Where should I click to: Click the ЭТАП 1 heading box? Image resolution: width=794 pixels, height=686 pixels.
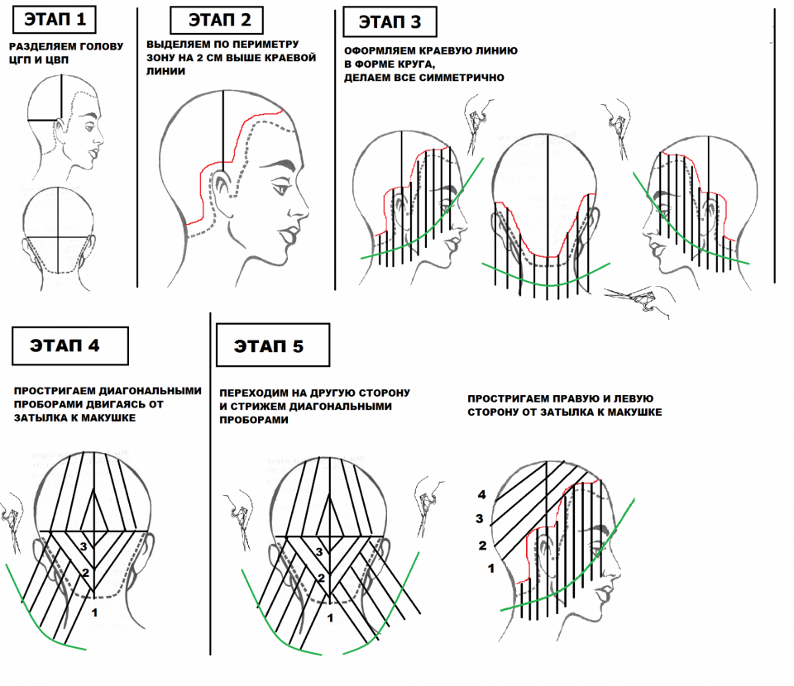pos(55,20)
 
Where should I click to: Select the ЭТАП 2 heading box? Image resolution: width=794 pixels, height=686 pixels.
pos(217,20)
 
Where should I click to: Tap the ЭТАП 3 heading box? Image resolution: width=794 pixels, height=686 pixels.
pos(390,21)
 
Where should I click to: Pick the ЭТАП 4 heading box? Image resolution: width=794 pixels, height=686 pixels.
pos(70,346)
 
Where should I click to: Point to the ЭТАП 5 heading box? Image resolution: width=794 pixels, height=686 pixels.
pos(273,345)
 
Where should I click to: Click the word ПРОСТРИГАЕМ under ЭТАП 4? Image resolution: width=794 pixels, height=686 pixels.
pos(55,391)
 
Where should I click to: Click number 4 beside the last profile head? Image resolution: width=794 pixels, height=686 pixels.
pos(481,495)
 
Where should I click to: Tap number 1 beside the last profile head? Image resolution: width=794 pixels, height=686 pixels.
pos(490,569)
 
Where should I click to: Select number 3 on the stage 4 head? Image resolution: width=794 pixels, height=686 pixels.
pos(84,546)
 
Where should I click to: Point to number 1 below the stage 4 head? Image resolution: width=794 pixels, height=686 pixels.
pos(94,613)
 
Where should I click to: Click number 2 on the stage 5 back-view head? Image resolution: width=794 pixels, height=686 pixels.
pos(321,578)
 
